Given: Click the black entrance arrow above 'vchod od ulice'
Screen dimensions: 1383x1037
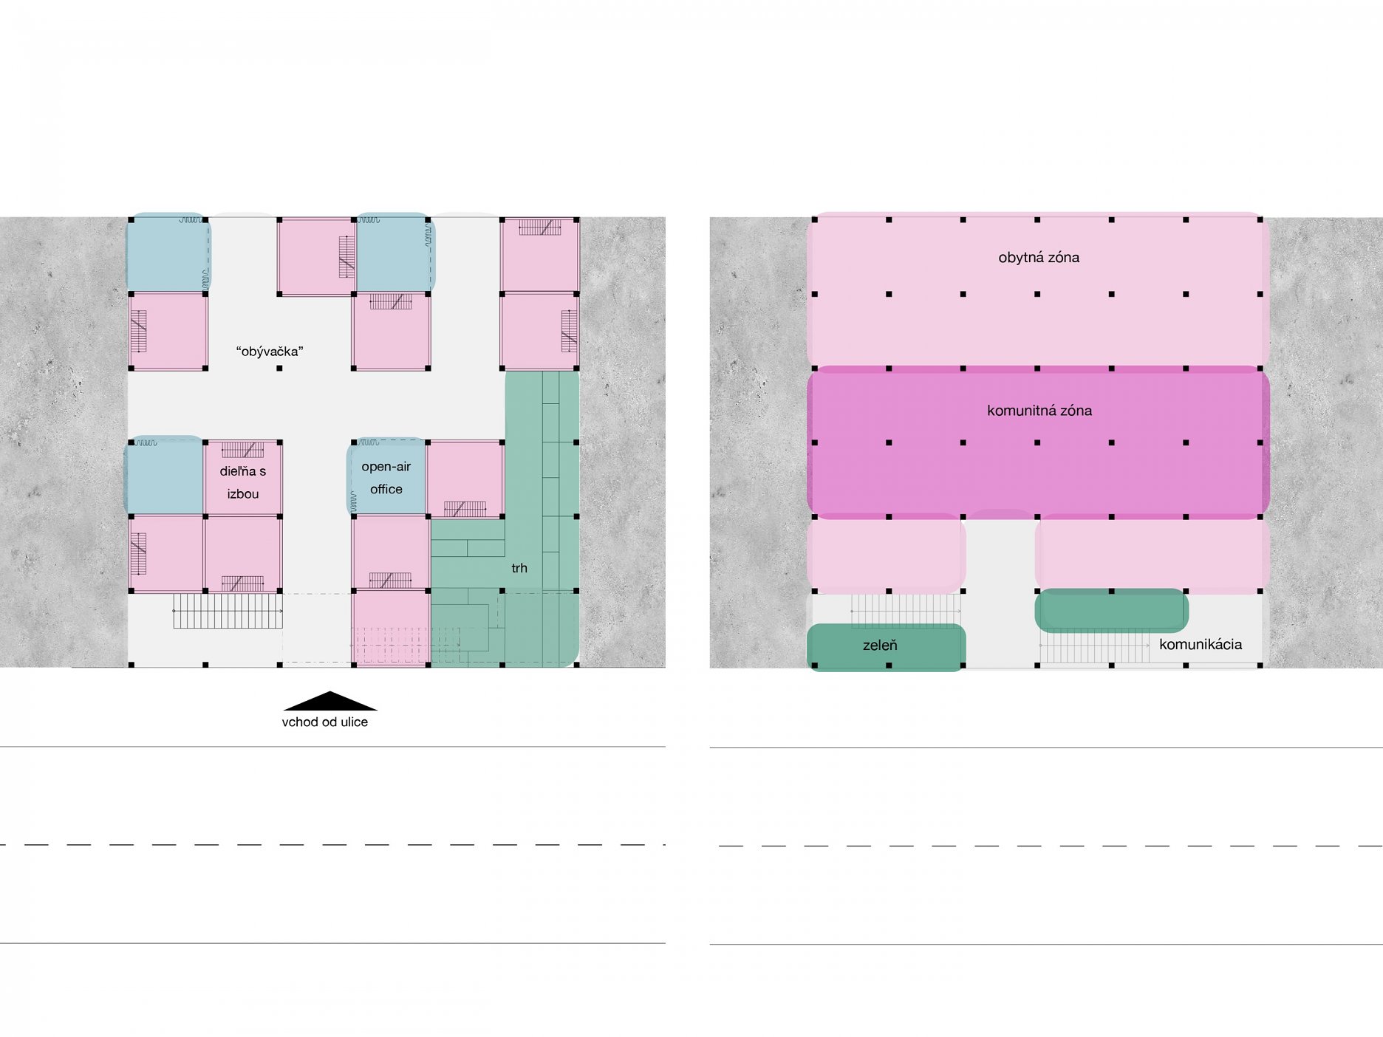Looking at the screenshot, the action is pyautogui.click(x=329, y=702).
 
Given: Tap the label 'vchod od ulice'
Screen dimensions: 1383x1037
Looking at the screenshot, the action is pyautogui.click(x=325, y=722).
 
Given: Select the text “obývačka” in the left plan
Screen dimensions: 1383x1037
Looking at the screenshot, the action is pyautogui.click(x=270, y=352).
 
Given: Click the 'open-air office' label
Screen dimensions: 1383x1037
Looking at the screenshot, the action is pyautogui.click(x=386, y=478).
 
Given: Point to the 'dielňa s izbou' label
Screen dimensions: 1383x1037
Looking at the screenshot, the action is pyautogui.click(x=243, y=482).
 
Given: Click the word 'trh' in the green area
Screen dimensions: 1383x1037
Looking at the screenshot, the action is pyautogui.click(x=519, y=568).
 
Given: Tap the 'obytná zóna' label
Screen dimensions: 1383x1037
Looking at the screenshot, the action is pyautogui.click(x=1039, y=258).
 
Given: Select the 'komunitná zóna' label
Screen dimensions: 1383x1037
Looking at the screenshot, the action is pyautogui.click(x=1039, y=411).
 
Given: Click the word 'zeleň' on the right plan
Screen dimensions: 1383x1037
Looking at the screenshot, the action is pyautogui.click(x=880, y=646).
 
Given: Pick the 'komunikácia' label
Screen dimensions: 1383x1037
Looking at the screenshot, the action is pyautogui.click(x=1201, y=645).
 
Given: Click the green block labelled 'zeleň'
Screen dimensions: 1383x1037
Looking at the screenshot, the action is pyautogui.click(x=887, y=648).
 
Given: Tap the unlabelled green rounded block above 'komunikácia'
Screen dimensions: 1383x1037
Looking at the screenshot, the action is pyautogui.click(x=1112, y=610).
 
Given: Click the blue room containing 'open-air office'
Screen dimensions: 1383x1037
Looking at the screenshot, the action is pyautogui.click(x=386, y=477).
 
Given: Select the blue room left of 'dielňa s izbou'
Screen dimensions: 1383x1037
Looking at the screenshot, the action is pyautogui.click(x=165, y=476).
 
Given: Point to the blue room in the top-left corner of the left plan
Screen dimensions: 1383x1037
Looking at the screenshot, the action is pyautogui.click(x=167, y=252).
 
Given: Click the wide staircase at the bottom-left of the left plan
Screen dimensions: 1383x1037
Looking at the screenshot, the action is pyautogui.click(x=228, y=611).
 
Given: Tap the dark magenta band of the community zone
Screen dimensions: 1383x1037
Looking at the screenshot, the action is pyautogui.click(x=1038, y=442).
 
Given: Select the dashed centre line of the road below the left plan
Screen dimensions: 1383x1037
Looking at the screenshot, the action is pyautogui.click(x=332, y=844).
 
